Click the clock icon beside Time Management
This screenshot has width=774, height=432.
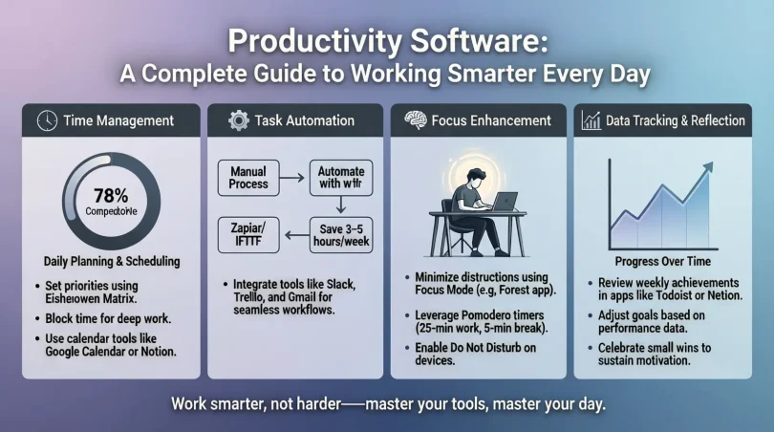click(x=43, y=120)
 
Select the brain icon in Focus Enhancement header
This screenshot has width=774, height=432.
click(x=415, y=120)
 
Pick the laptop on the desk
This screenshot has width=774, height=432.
click(x=504, y=203)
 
